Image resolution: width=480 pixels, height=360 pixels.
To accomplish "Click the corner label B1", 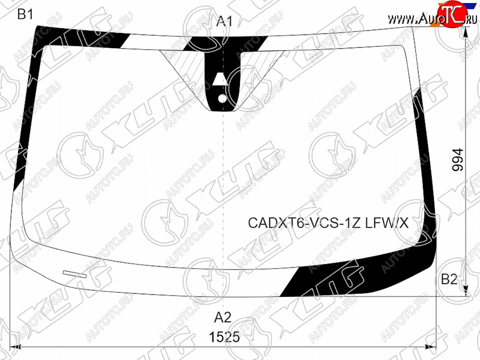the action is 25,14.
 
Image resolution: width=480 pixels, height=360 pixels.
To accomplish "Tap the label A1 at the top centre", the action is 224,21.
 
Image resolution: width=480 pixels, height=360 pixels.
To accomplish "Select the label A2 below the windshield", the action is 223,317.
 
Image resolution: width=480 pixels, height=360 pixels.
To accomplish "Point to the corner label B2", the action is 449,279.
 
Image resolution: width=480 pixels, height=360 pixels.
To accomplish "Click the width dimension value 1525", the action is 224,337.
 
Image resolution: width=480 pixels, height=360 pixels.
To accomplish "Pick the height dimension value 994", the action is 458,160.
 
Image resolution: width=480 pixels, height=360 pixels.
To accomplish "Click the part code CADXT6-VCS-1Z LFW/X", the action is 328,223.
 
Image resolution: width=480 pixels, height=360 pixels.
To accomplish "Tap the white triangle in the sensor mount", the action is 220,79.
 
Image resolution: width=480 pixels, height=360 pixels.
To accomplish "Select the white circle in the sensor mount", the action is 222,98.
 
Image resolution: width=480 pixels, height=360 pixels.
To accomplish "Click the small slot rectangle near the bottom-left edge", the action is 74,274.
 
